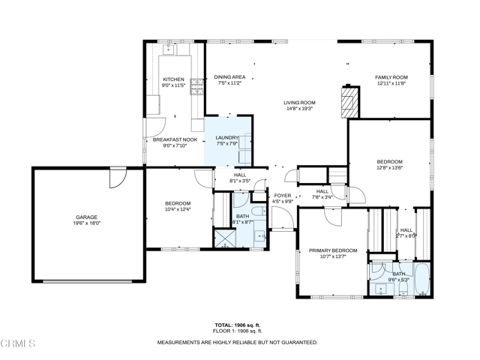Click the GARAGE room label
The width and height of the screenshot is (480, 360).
click(86, 217)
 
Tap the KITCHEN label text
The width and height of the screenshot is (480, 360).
click(173, 79)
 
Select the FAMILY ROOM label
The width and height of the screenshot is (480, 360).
click(391, 77)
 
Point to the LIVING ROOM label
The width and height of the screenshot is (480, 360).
click(298, 103)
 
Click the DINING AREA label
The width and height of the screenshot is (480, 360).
click(229, 77)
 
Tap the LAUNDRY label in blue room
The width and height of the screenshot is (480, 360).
click(226, 137)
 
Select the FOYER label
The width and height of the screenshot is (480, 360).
click(282, 196)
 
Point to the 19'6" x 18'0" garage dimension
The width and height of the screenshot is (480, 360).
click(86, 223)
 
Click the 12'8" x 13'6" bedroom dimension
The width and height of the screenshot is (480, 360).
click(389, 168)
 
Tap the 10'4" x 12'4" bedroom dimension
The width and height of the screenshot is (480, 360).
click(178, 209)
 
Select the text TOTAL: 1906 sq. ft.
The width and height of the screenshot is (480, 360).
click(237, 325)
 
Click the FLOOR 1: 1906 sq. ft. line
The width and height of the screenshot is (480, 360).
click(237, 331)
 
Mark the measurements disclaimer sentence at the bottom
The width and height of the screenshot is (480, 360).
click(237, 342)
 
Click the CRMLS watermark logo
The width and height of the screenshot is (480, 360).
click(18, 344)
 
